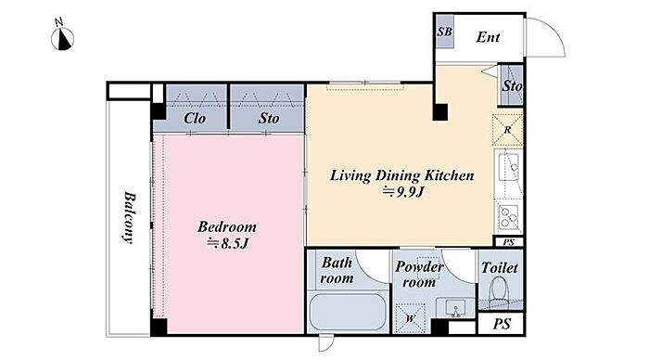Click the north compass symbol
[x=62, y=37]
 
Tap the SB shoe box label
[x=444, y=32]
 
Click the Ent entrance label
[x=488, y=37]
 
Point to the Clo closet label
[x=195, y=119]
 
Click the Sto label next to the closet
[x=269, y=119]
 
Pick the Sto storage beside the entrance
[x=512, y=85]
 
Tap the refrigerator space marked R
[x=507, y=130]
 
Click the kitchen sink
[x=509, y=167]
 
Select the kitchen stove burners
[x=509, y=217]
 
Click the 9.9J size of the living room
[x=403, y=192]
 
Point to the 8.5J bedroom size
[x=228, y=243]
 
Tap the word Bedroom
[x=227, y=226]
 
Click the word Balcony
[x=129, y=217]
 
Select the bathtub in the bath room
[x=348, y=312]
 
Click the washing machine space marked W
[x=410, y=318]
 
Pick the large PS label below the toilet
[x=502, y=324]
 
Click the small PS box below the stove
[x=509, y=242]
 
